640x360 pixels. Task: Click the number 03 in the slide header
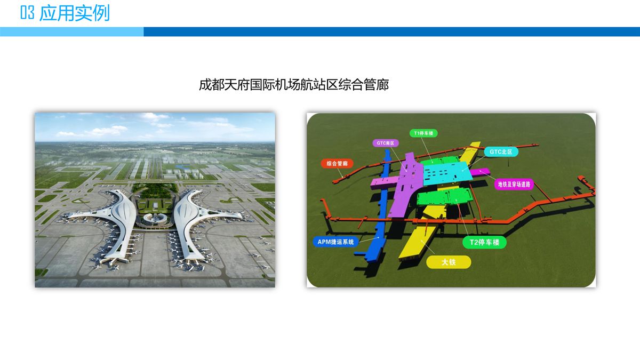tap(27, 13)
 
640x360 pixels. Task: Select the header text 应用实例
tap(75, 13)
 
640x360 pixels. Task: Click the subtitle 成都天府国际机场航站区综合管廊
tap(294, 85)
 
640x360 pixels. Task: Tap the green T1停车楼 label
tap(423, 133)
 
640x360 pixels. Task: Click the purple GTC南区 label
tap(385, 143)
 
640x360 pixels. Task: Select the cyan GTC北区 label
tap(501, 151)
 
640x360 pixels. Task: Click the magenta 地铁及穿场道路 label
tap(514, 185)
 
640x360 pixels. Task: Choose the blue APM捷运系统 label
tap(336, 242)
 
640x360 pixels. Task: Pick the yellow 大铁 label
tap(449, 262)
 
